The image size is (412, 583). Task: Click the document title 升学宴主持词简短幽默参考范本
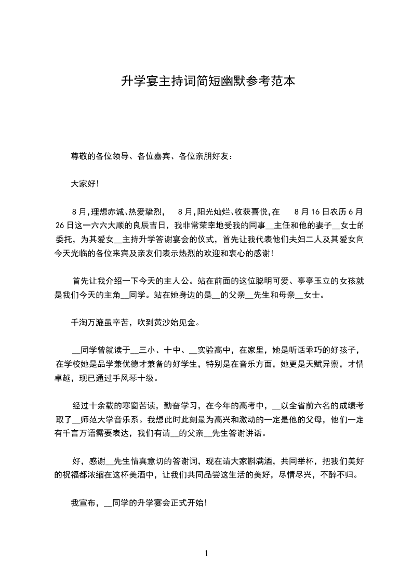point(208,81)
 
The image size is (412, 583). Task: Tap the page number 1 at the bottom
point(206,553)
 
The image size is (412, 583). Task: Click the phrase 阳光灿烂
point(212,212)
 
